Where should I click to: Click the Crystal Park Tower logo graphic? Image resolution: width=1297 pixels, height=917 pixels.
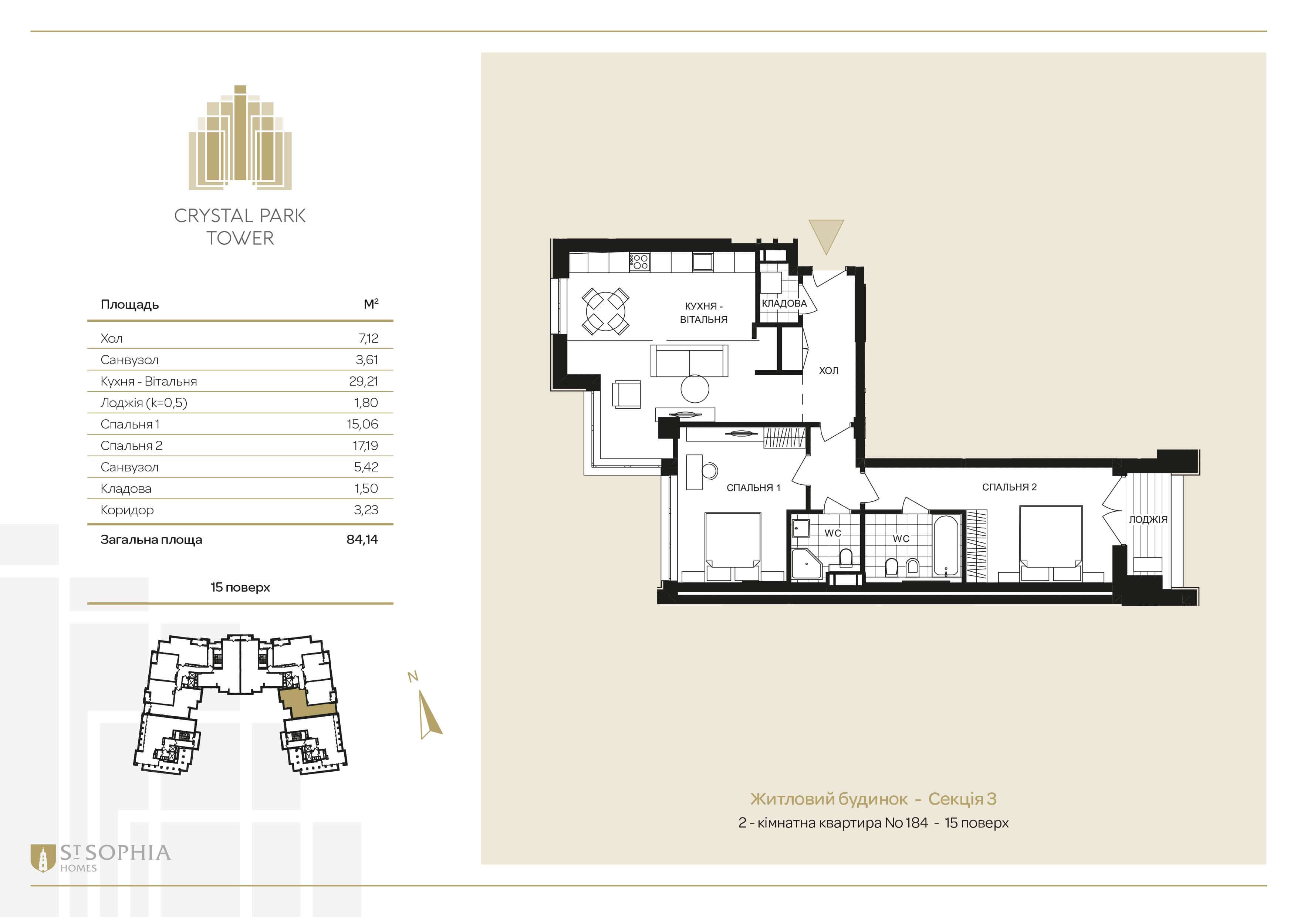point(240,137)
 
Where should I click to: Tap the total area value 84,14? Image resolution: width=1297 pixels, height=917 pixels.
point(362,539)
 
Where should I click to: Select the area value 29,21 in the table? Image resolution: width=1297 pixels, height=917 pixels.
point(363,381)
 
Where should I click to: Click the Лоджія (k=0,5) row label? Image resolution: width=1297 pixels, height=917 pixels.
point(143,403)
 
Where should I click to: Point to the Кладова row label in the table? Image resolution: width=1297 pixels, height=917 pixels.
point(126,488)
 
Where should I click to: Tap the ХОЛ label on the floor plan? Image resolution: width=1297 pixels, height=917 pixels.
point(829,370)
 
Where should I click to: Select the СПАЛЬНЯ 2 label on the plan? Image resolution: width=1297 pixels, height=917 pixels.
point(1010,487)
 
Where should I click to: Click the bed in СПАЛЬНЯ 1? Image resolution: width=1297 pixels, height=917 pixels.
point(733,546)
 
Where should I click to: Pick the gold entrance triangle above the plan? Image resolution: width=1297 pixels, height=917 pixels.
point(826,236)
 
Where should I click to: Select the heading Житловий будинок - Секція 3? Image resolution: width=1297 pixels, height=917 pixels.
point(873,799)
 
